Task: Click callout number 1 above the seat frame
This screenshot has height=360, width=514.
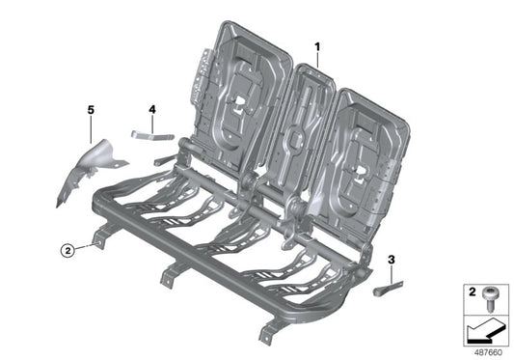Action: click(x=315, y=45)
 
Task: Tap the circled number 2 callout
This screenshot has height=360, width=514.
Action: click(x=68, y=252)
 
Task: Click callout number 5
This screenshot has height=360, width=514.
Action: click(x=90, y=111)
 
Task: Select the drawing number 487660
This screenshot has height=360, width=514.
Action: click(x=490, y=351)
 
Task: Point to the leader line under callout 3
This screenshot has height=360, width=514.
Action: click(x=392, y=271)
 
